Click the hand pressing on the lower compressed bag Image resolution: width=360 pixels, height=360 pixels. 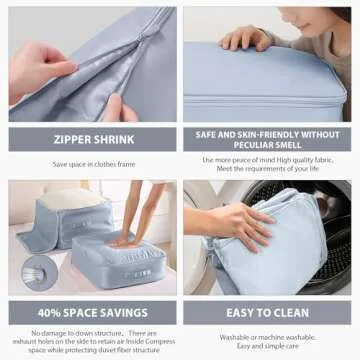[x=125, y=241]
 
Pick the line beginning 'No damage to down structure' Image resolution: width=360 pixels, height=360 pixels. [x=90, y=332]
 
